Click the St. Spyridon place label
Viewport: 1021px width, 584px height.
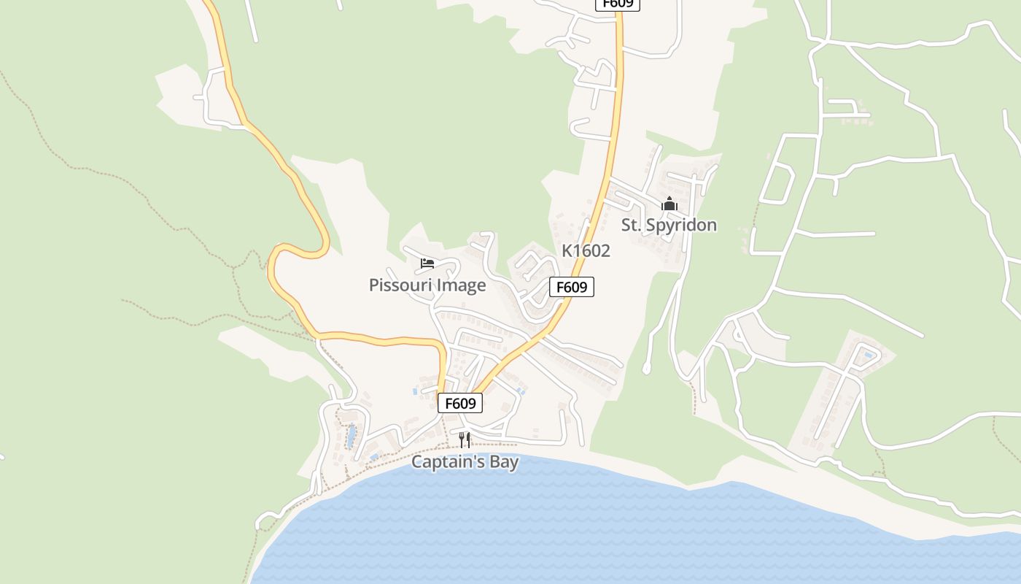669,225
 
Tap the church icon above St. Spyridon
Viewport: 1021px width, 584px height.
669,204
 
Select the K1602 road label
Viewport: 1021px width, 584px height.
586,250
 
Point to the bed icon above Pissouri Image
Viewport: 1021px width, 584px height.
427,264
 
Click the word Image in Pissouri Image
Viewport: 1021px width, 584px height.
460,285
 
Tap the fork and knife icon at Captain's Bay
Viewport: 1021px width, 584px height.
465,439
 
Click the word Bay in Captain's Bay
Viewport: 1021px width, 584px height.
503,461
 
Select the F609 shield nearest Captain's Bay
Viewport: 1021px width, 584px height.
460,403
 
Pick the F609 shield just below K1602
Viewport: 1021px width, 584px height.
572,287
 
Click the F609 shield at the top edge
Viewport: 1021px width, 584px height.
618,4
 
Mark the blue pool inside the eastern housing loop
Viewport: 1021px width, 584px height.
869,356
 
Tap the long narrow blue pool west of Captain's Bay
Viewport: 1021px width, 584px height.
352,437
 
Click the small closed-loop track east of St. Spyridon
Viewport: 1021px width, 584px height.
777,183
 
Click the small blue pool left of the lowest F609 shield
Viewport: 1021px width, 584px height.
415,391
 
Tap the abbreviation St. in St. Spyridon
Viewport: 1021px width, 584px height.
632,225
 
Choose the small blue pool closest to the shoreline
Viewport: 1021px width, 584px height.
374,458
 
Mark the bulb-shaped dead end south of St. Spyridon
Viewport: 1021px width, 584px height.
646,369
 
